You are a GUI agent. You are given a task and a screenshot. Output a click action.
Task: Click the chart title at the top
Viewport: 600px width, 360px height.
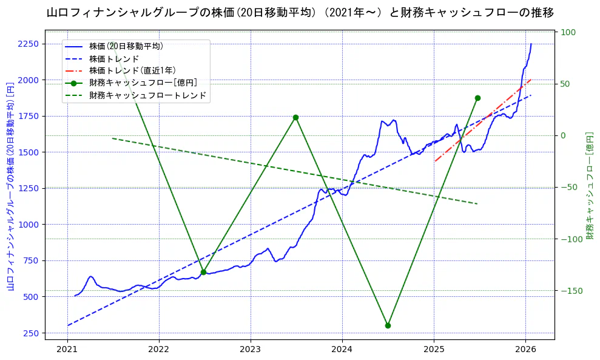pyautogui.click(x=300, y=12)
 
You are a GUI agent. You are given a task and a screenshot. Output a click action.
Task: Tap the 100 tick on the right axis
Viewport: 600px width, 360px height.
pyautogui.click(x=568, y=32)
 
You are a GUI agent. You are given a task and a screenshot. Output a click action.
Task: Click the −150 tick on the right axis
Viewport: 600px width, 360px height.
pyautogui.click(x=570, y=291)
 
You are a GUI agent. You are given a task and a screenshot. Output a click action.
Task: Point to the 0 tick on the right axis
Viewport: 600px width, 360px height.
pyautogui.click(x=564, y=135)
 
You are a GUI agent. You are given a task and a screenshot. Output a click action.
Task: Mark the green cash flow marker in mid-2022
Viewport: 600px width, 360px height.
pyautogui.click(x=203, y=272)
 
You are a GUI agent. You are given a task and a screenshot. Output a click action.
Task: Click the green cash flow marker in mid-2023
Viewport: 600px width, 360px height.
pyautogui.click(x=295, y=117)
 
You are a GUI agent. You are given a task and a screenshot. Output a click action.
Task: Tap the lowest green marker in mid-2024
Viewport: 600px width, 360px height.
pyautogui.click(x=388, y=325)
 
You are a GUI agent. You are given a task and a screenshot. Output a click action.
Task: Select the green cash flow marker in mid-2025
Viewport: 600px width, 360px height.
pyautogui.click(x=477, y=98)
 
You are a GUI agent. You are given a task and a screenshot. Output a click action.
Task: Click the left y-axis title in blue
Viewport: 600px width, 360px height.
pyautogui.click(x=10, y=186)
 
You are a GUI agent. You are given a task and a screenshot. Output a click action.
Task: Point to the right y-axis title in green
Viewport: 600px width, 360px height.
pyautogui.click(x=589, y=186)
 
